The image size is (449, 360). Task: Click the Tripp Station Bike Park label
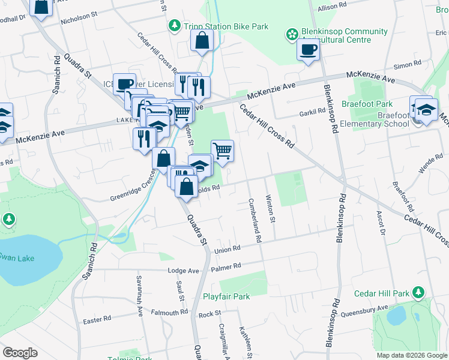(226, 26)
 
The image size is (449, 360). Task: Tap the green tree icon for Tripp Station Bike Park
(174, 26)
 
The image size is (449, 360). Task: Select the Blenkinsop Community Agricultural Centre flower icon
(292, 35)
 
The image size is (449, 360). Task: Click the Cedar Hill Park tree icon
(418, 293)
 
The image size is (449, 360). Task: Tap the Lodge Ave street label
(183, 271)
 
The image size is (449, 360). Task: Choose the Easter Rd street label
(97, 320)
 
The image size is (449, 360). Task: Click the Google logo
(20, 353)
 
